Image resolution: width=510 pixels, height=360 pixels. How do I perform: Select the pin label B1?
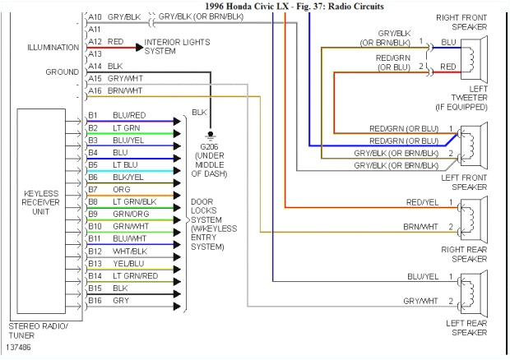pyautogui.click(x=93, y=114)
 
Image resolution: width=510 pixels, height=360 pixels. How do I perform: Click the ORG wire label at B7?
pyautogui.click(x=121, y=189)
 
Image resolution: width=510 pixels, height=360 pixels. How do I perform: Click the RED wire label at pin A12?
pyautogui.click(x=116, y=41)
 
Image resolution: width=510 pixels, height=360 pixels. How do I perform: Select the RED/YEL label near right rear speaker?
pyautogui.click(x=421, y=201)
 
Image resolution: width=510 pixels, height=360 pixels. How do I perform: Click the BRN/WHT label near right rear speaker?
pyautogui.click(x=421, y=226)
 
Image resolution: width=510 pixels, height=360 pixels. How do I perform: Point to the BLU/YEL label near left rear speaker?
pyautogui.click(x=421, y=277)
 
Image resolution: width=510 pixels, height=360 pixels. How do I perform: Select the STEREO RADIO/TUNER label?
pyautogui.click(x=39, y=330)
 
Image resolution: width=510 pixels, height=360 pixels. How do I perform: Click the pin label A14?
pyautogui.click(x=95, y=65)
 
